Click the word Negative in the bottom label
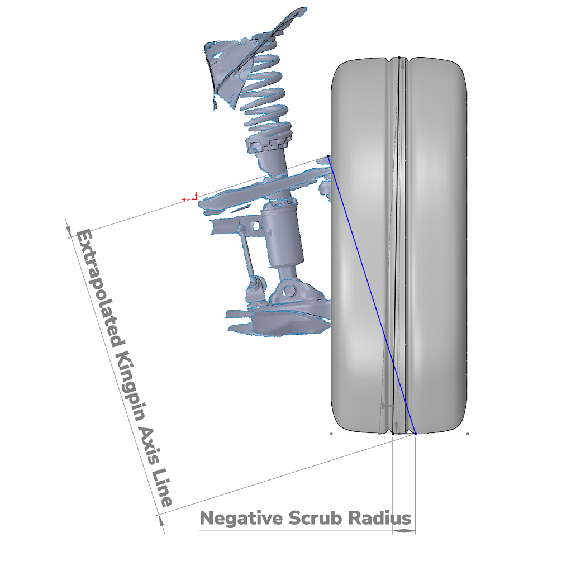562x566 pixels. coord(241,519)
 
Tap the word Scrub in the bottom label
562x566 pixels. coord(315,518)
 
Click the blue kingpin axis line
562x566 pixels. coord(372,294)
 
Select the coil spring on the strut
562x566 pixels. coord(264,87)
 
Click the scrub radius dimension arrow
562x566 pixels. coord(404,531)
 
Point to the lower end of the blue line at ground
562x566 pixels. coord(416,434)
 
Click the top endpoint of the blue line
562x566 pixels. coord(328,156)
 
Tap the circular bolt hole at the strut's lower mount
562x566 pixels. coord(288,290)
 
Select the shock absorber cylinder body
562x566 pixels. coord(282,235)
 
